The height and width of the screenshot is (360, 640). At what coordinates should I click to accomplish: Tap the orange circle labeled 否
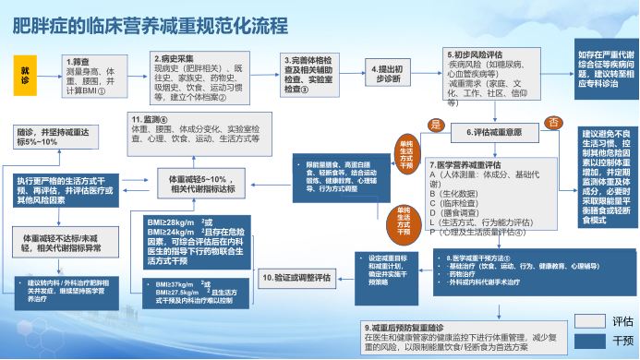pyautogui.click(x=555, y=123)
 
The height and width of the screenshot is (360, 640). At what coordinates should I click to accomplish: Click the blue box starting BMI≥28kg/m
pyautogui.click(x=187, y=242)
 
